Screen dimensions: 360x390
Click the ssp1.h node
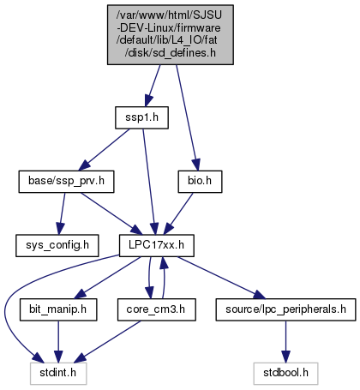click(141, 117)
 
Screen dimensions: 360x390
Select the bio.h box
click(200, 182)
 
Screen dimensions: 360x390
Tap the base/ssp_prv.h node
click(66, 182)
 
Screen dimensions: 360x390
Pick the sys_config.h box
click(57, 246)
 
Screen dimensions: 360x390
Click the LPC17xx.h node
click(157, 246)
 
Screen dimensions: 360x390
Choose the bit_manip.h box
click(58, 309)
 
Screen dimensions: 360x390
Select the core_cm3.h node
click(157, 309)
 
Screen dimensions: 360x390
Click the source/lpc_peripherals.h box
click(285, 309)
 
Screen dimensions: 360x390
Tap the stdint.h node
click(58, 374)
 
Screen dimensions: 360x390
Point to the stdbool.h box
click(285, 374)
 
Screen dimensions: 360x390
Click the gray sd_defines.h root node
click(171, 34)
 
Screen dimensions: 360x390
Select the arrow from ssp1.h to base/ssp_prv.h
click(104, 150)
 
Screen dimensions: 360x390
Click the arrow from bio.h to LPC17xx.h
click(178, 213)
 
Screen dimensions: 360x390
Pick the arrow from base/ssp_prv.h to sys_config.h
click(62, 213)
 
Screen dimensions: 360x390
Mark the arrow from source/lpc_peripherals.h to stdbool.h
click(285, 342)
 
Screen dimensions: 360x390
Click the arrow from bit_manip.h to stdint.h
click(58, 342)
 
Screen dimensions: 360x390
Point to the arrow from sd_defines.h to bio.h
click(186, 117)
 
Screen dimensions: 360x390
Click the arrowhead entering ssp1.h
click(148, 101)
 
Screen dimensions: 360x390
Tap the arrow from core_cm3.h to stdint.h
click(108, 342)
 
